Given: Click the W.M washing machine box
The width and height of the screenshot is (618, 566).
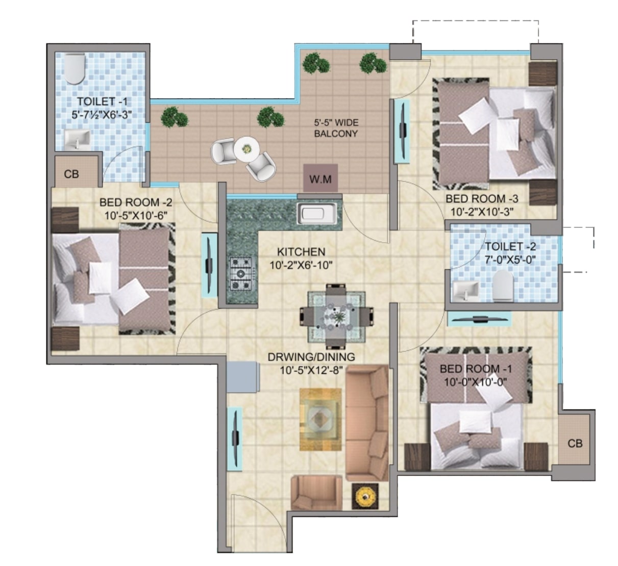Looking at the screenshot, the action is click(x=320, y=178).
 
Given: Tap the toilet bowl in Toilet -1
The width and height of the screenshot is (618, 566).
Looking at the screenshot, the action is click(x=74, y=69).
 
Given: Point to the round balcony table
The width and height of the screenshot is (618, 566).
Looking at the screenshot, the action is click(x=245, y=149).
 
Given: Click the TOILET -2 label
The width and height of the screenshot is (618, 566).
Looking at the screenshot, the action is click(x=510, y=246).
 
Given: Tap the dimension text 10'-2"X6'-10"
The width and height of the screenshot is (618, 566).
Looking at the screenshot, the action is click(x=301, y=265).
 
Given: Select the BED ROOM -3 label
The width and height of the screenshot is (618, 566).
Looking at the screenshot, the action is click(x=482, y=199).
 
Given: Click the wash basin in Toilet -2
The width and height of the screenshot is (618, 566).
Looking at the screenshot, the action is click(x=465, y=290).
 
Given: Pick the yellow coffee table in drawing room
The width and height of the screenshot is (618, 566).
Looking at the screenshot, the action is click(x=320, y=419).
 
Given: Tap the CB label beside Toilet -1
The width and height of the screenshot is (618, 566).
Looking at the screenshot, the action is click(x=71, y=174).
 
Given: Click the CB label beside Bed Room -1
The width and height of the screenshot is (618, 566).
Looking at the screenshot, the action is click(x=575, y=444).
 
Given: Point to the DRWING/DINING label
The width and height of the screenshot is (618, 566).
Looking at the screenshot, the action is click(x=311, y=357).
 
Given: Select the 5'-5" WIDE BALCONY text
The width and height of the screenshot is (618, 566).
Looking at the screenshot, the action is click(x=336, y=128).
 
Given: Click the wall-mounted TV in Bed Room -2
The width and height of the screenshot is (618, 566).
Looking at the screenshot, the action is click(x=210, y=265).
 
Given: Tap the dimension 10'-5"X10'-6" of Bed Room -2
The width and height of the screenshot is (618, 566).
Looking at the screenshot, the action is click(x=136, y=216).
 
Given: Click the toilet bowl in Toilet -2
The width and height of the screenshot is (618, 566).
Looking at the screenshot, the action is click(x=503, y=286).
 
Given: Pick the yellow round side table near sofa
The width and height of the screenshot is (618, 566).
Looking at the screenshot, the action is click(x=365, y=496).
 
